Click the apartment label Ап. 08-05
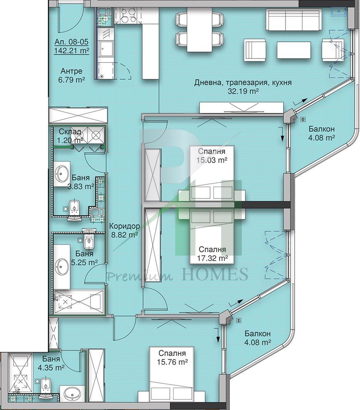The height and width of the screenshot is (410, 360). point(71,42)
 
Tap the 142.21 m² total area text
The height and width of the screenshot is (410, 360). point(71,50)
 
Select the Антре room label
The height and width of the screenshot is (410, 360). point(71,71)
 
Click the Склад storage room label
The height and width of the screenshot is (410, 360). point(70,132)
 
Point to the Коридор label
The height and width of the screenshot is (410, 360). point(124,226)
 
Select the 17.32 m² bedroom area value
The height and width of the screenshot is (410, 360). point(213,258)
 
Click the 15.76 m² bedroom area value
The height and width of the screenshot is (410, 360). point(172,362)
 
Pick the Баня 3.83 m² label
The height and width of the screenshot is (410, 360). point(81,182)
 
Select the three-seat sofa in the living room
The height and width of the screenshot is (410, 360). point(294,20)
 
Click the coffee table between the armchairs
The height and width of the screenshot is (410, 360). point(294,50)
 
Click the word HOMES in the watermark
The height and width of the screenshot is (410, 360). point(215,274)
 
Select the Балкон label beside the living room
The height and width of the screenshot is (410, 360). point(321,129)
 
